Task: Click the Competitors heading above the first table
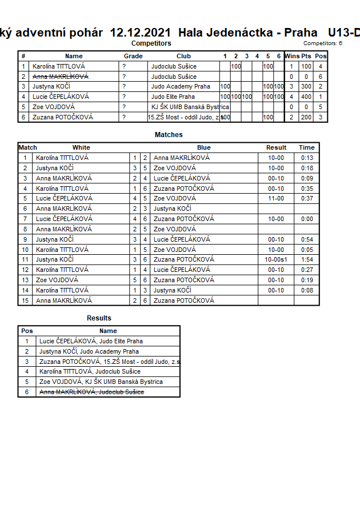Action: [x=151, y=43]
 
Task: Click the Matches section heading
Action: [x=169, y=135]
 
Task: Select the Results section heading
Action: [x=99, y=318]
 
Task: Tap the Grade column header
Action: [x=133, y=56]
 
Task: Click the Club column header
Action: [x=183, y=56]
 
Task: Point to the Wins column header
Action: [x=292, y=56]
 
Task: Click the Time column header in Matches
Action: [x=306, y=147]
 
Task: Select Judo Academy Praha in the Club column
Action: [x=181, y=87]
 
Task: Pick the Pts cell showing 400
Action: [x=306, y=97]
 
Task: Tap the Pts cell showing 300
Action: [x=306, y=87]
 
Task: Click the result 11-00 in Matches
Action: [x=276, y=198]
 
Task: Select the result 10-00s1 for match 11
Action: [x=276, y=259]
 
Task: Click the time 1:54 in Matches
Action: [x=306, y=259]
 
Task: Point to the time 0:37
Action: [x=306, y=198]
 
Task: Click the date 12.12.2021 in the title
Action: [x=141, y=33]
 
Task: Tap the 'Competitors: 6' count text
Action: [x=323, y=43]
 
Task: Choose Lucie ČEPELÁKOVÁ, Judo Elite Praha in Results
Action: [x=91, y=341]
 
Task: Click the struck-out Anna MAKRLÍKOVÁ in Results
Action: [x=91, y=392]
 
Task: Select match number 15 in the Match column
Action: [x=25, y=300]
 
